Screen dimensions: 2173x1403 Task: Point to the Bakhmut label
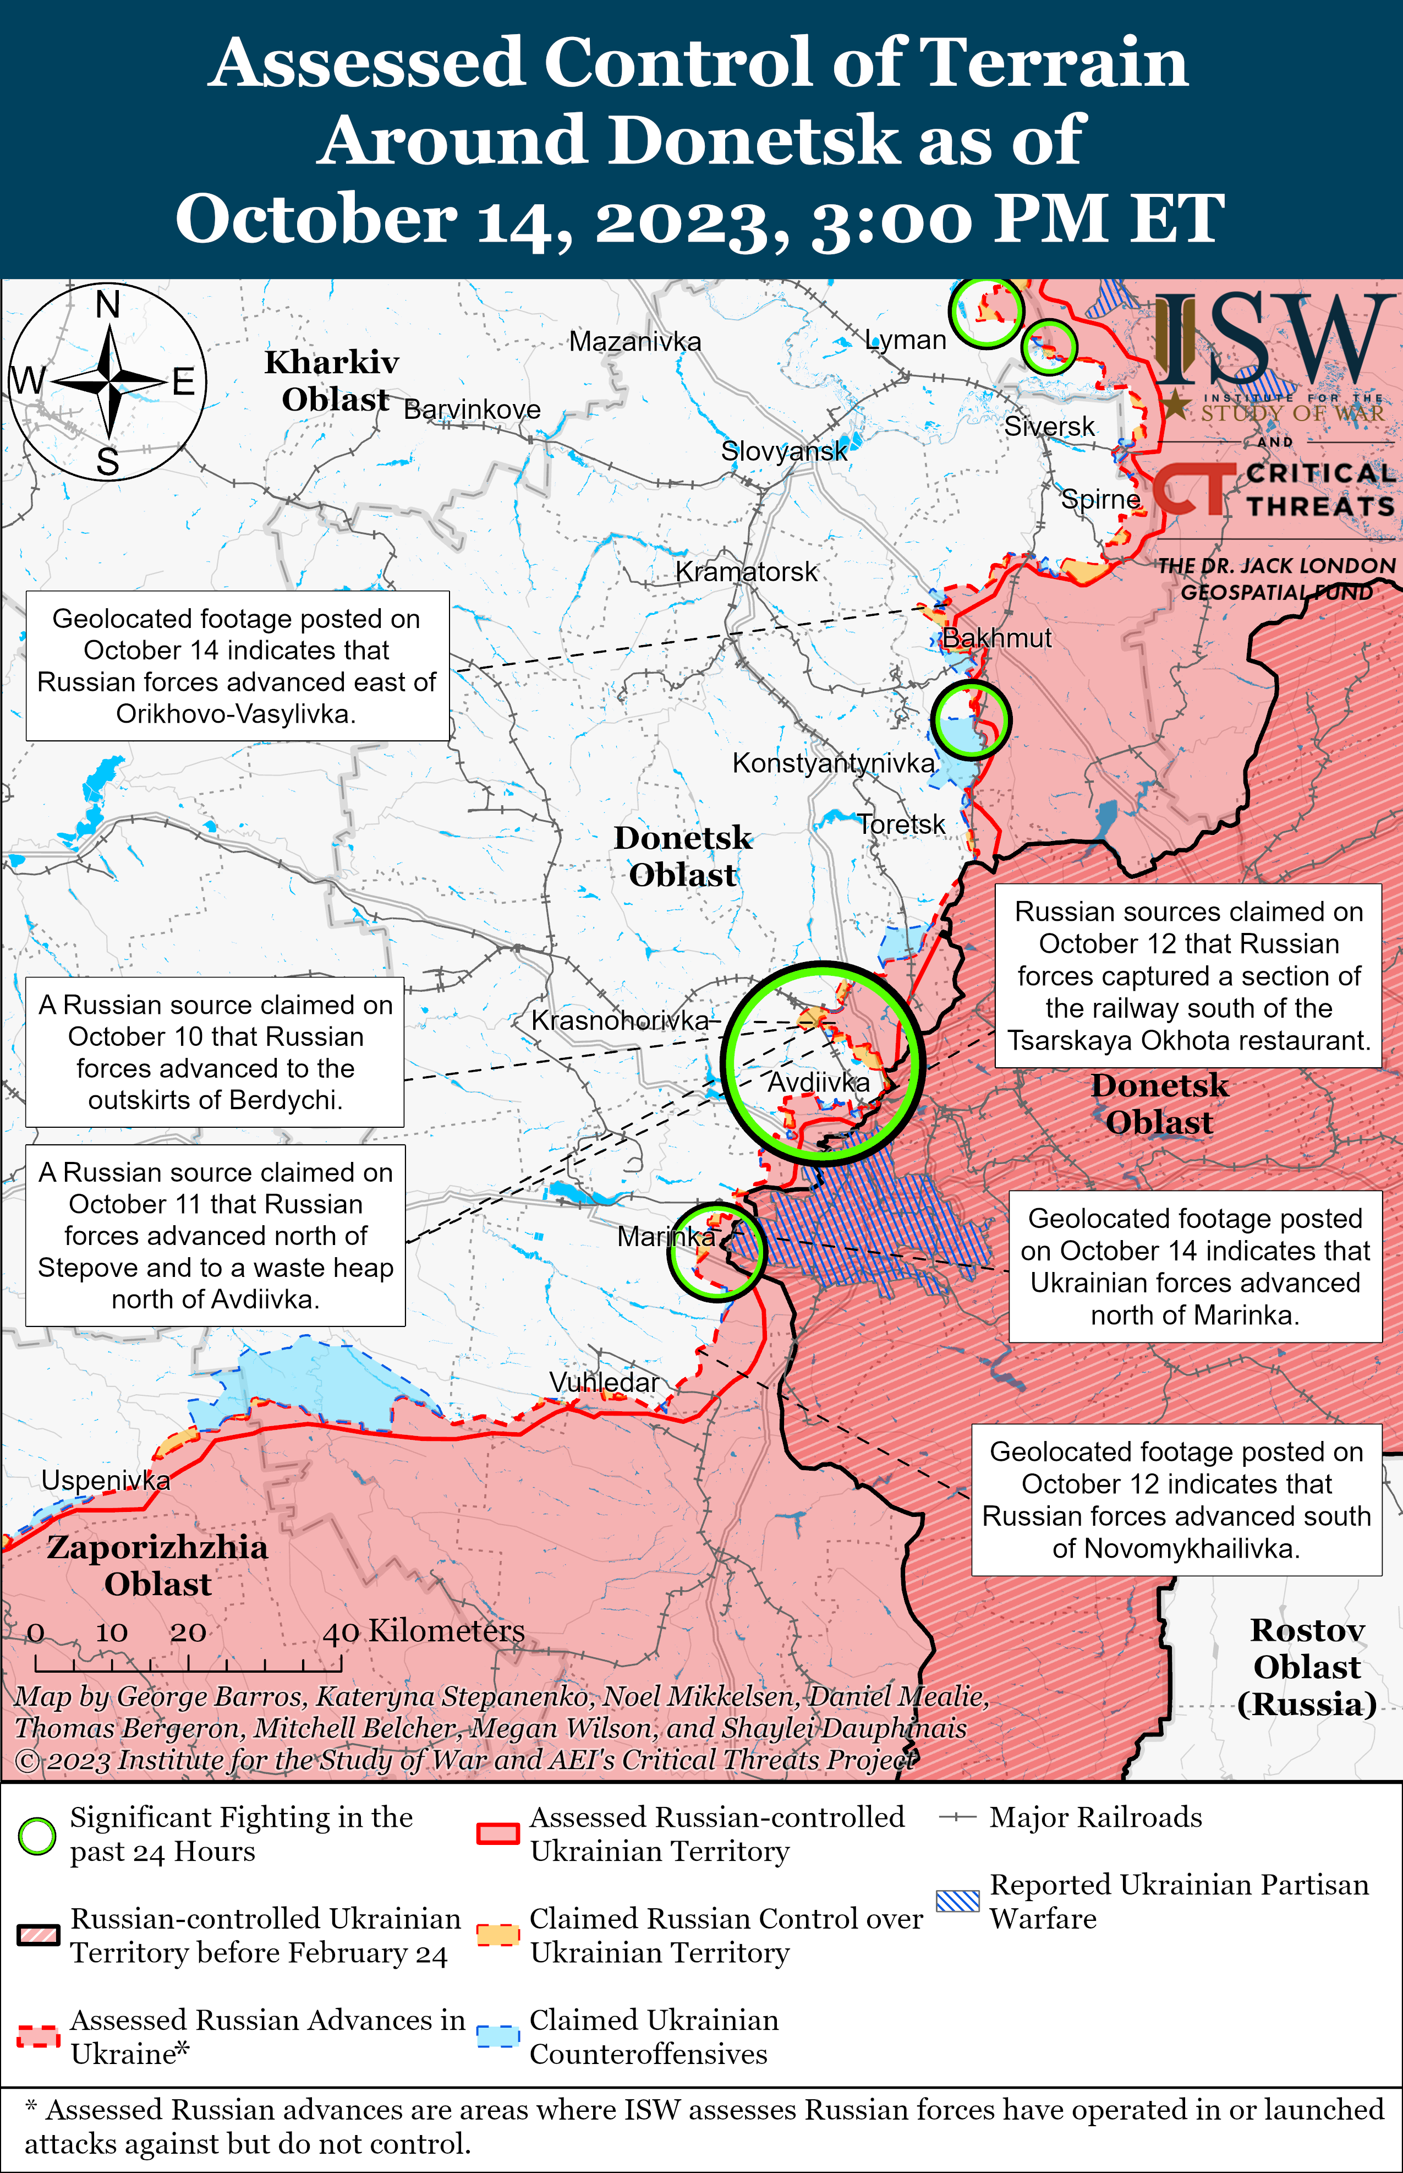[x=996, y=638]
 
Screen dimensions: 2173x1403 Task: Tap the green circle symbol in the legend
[x=37, y=1836]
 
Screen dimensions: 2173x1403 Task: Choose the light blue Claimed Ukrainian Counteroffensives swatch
[x=498, y=2036]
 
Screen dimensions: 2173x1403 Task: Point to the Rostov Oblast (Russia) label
[x=1306, y=1667]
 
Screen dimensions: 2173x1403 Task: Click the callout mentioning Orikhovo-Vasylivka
[x=237, y=666]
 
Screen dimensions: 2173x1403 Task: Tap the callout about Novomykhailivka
[x=1176, y=1500]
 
